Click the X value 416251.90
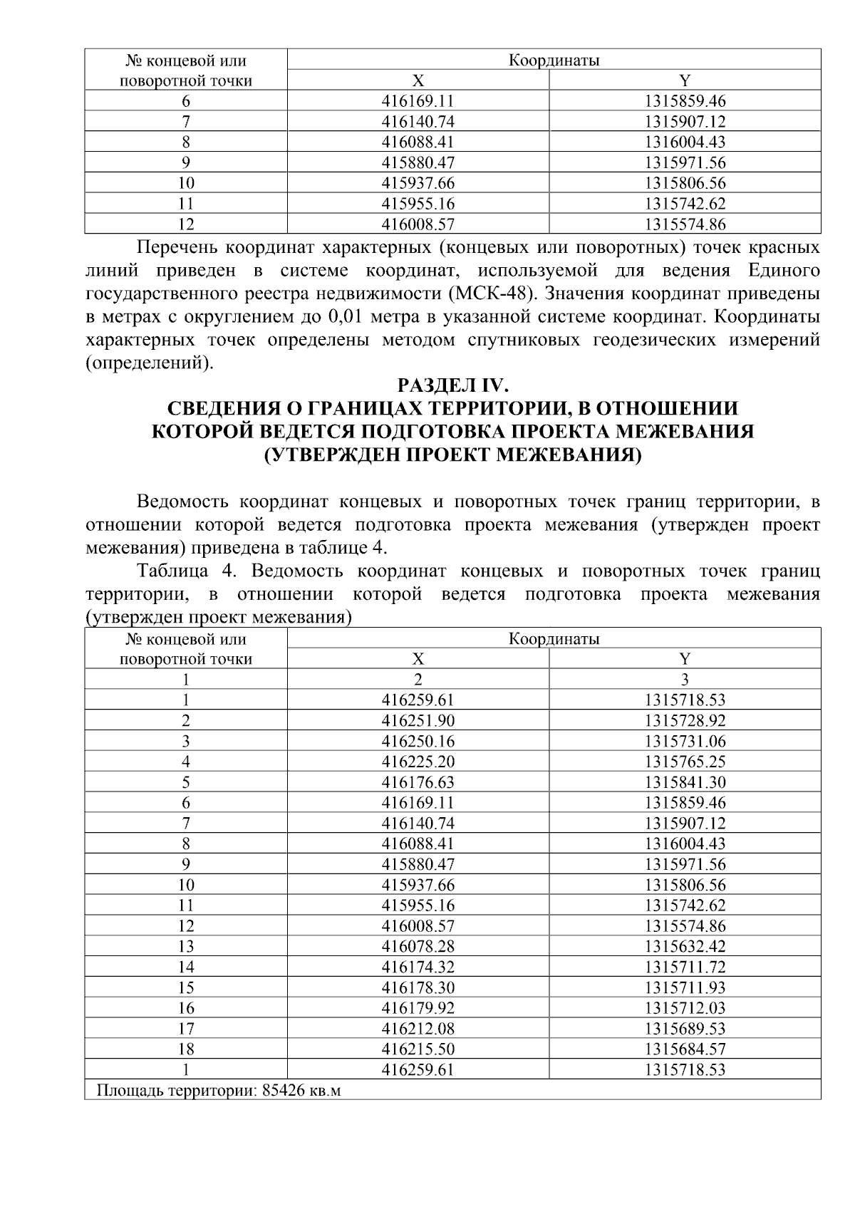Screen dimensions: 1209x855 (418, 720)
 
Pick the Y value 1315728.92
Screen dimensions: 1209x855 (685, 720)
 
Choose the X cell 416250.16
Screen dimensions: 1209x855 (418, 741)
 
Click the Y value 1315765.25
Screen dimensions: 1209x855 (685, 762)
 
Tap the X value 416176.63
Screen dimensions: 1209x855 (418, 782)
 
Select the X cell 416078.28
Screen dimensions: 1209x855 (418, 947)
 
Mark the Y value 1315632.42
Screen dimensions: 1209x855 (685, 947)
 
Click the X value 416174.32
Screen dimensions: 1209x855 (418, 967)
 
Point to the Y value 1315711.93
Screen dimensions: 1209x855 (685, 987)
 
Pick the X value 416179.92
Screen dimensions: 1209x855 (418, 1008)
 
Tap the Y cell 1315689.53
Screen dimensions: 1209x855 (685, 1029)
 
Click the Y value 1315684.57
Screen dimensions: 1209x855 (685, 1049)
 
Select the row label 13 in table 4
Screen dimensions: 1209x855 (185, 947)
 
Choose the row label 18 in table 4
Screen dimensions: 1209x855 (185, 1049)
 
